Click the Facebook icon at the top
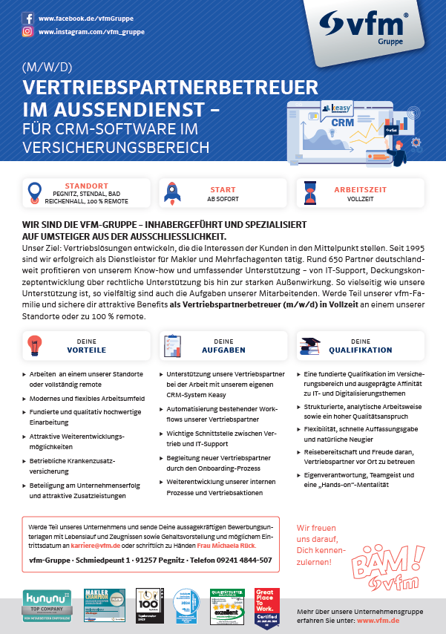pyautogui.click(x=27, y=17)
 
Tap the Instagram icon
pyautogui.click(x=27, y=32)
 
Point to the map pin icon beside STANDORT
pyautogui.click(x=34, y=192)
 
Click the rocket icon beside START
pyautogui.click(x=170, y=192)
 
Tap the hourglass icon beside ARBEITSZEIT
pyautogui.click(x=307, y=192)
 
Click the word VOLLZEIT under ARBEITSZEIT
pyautogui.click(x=360, y=200)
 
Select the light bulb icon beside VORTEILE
pyautogui.click(x=33, y=345)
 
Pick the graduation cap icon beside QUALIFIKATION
pyautogui.click(x=309, y=345)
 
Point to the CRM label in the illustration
pyautogui.click(x=342, y=122)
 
